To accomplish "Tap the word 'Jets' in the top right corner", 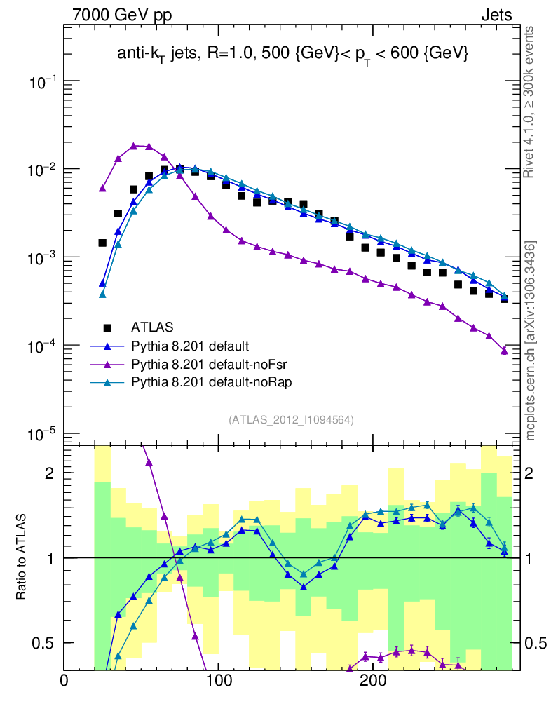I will pos(496,15).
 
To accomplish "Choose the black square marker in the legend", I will pos(107,327).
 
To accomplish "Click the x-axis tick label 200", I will pos(372,681).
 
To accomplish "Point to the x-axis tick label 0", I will pos(64,681).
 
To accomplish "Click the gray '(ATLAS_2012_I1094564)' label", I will pos(291,420).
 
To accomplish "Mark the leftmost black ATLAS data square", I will pos(102,243).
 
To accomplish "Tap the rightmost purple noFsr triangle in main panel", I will pos(504,351).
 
